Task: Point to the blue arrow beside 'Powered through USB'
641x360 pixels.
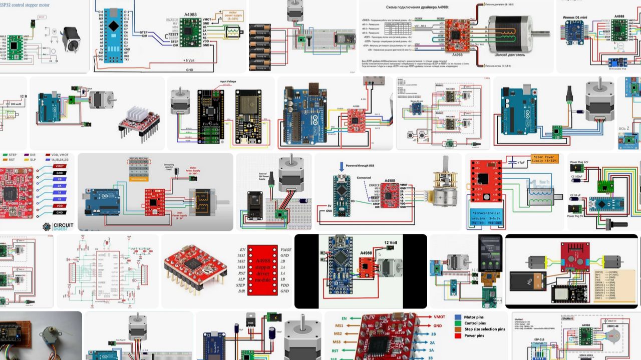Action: point(342,166)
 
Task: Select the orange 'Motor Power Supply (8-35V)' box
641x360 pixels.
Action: point(545,159)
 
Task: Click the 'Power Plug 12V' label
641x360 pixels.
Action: point(583,162)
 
